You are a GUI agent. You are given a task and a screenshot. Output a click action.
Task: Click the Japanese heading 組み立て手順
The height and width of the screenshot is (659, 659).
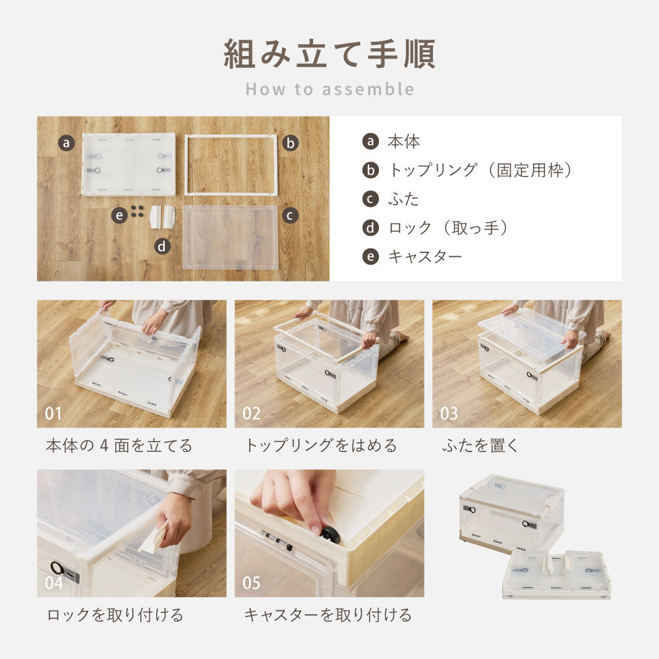[x=329, y=54]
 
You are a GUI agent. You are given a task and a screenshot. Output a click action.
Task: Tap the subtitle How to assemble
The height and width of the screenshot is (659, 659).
[x=329, y=90]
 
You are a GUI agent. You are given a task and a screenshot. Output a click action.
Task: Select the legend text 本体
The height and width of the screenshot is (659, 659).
[x=403, y=141]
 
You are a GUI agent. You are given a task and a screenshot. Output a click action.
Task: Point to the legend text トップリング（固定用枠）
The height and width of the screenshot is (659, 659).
[x=480, y=170]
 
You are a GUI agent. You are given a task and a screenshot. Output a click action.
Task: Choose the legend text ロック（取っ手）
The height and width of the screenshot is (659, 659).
[x=449, y=228]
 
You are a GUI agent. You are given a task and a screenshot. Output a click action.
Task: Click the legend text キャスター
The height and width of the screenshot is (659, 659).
[x=425, y=257]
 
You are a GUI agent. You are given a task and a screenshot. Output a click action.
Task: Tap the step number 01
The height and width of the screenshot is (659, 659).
[x=53, y=414]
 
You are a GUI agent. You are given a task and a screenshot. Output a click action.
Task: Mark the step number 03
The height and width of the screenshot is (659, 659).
[x=449, y=414]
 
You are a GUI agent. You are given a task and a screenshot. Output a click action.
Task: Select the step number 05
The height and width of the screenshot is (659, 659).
[x=251, y=583]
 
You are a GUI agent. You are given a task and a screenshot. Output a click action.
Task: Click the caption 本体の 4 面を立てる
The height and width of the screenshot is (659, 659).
[x=119, y=445]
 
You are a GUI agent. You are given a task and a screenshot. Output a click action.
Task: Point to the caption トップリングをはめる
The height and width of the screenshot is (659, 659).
[x=321, y=445]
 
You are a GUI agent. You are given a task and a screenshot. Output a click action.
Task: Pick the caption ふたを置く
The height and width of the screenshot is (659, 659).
[x=480, y=445]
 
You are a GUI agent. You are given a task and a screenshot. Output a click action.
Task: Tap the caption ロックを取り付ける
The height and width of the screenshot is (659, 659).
[x=115, y=616]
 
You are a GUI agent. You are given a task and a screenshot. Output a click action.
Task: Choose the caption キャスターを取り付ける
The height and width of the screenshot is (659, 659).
[x=328, y=616]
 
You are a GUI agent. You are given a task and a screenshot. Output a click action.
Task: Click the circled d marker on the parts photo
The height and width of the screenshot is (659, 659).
[x=162, y=246]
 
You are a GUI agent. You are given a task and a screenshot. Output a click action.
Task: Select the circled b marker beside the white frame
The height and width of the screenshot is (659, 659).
[x=291, y=143]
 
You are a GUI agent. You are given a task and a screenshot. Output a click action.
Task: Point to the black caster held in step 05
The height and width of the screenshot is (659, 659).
[x=329, y=533]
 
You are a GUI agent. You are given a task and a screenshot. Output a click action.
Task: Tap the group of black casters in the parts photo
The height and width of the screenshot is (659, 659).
[x=136, y=211]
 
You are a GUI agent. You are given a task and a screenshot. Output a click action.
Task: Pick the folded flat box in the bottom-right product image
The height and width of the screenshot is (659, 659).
[x=557, y=575]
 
